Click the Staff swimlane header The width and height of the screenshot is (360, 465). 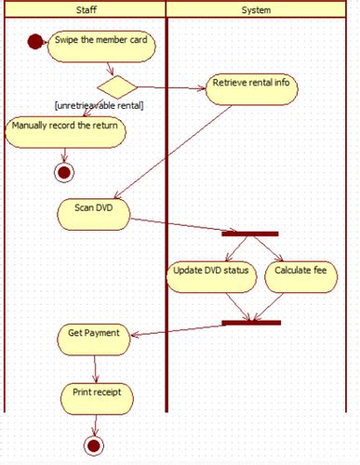[84, 9]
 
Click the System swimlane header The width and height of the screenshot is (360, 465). [256, 9]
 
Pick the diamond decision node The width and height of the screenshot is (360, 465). [117, 88]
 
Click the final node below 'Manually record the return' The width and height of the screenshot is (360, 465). [63, 172]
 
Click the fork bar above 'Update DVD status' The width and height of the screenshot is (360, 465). [250, 232]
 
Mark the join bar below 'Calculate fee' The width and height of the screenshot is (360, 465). [251, 323]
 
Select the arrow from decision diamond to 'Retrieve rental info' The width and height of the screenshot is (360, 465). [172, 89]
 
